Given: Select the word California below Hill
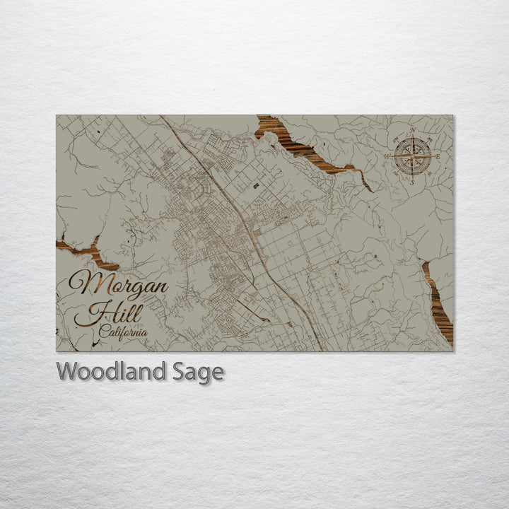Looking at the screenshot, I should tap(123, 332).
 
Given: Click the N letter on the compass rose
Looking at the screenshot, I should tap(413, 131).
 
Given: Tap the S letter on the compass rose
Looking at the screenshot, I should tap(412, 181).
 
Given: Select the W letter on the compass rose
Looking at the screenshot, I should tap(387, 156).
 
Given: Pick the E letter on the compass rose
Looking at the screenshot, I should tap(438, 156).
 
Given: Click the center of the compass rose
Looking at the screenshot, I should tap(413, 156).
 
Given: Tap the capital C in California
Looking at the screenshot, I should tap(104, 331).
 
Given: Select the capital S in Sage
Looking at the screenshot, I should tap(180, 371).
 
